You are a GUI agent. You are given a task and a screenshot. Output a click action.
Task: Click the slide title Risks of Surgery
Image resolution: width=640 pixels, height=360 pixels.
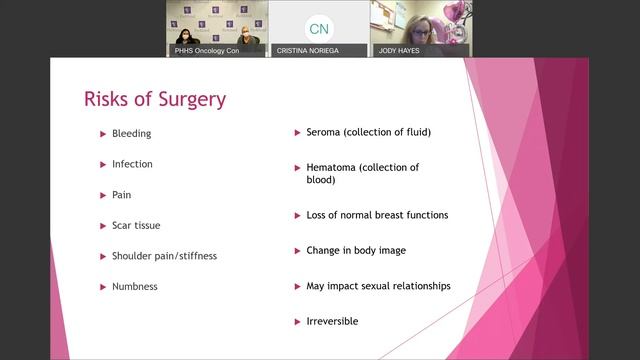pyautogui.click(x=154, y=99)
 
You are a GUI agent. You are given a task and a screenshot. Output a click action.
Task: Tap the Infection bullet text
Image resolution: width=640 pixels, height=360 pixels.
pyautogui.click(x=132, y=164)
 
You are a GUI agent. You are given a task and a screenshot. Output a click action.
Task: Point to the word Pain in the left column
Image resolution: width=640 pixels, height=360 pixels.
pyautogui.click(x=121, y=194)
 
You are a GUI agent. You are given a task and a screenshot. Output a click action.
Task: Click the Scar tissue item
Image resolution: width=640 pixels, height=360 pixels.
pyautogui.click(x=135, y=225)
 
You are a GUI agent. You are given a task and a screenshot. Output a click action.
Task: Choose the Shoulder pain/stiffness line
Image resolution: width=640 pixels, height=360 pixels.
pyautogui.click(x=164, y=256)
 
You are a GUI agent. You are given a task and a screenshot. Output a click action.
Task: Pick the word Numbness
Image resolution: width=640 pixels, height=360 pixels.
pyautogui.click(x=135, y=286)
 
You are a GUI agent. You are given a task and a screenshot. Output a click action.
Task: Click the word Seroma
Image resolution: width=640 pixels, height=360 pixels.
pyautogui.click(x=326, y=132)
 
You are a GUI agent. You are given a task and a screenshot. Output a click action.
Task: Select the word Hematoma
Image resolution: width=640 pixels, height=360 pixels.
pyautogui.click(x=332, y=167)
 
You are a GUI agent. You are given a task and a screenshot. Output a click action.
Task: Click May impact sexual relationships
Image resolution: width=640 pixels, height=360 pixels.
pyautogui.click(x=378, y=286)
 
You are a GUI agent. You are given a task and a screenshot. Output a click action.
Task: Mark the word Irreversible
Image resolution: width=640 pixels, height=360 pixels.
pyautogui.click(x=332, y=321)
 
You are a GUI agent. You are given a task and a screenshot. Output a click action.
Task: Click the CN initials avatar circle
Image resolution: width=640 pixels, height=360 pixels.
pyautogui.click(x=318, y=28)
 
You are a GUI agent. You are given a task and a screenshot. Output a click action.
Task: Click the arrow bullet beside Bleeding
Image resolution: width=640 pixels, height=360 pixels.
pyautogui.click(x=102, y=133)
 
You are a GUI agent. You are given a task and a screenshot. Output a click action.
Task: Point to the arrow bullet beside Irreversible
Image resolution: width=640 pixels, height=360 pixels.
pyautogui.click(x=296, y=321)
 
